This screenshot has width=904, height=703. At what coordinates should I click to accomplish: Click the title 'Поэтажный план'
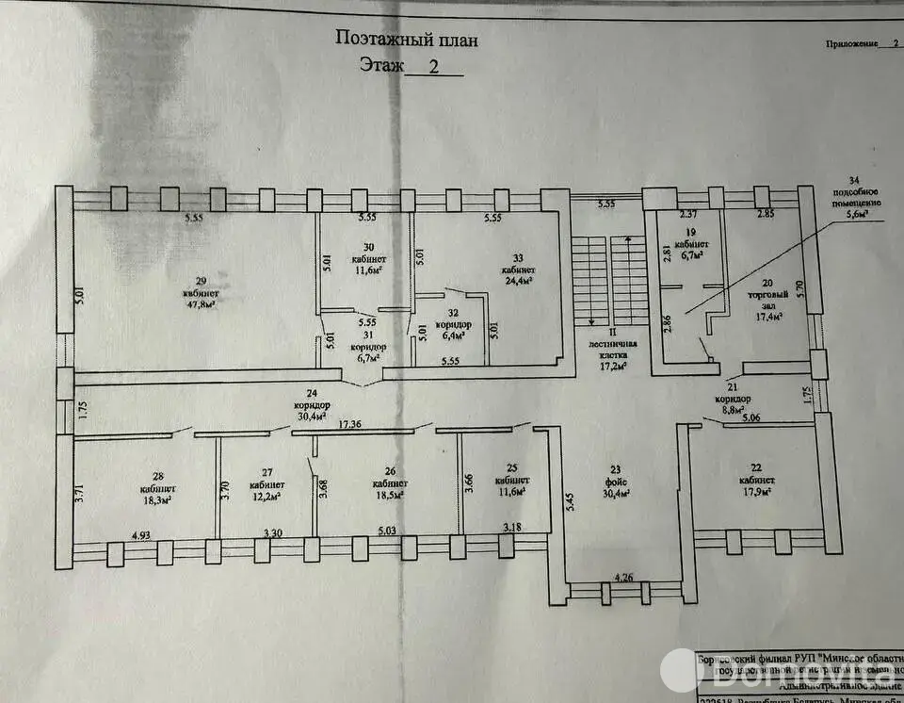click(407, 40)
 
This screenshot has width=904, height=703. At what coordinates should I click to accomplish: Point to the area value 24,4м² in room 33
click(517, 280)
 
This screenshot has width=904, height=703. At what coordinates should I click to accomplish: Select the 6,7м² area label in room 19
click(690, 254)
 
